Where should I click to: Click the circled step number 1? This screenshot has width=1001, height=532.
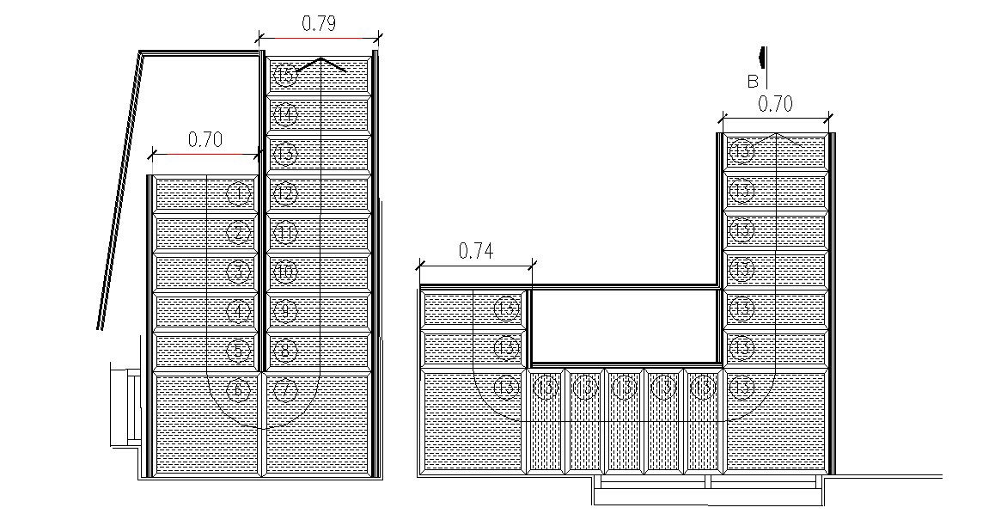point(239,193)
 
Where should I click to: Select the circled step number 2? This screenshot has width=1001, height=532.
point(239,232)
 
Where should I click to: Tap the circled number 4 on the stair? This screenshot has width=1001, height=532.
point(239,310)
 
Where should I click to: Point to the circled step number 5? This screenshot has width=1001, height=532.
point(239,350)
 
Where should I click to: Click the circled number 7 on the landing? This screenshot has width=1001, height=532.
point(285,390)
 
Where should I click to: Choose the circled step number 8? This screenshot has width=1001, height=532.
point(285,350)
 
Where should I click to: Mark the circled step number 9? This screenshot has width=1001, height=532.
point(285,310)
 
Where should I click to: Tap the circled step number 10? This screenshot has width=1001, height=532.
point(285,272)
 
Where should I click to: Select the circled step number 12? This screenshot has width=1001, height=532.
point(285,193)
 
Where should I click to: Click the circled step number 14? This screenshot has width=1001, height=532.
point(285,113)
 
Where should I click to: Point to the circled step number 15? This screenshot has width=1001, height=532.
point(284,76)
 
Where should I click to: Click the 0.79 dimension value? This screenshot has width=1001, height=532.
point(318,24)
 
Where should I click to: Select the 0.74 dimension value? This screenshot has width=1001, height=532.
point(475,251)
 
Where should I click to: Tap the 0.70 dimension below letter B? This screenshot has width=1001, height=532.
point(775,104)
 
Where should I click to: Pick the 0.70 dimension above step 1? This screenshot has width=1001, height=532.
point(204,140)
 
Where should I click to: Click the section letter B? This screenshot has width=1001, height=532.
point(753,83)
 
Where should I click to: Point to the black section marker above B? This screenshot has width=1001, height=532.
point(762,56)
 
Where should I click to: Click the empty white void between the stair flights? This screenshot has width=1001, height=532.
point(624,326)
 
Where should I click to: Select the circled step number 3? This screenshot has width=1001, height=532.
point(239,272)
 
